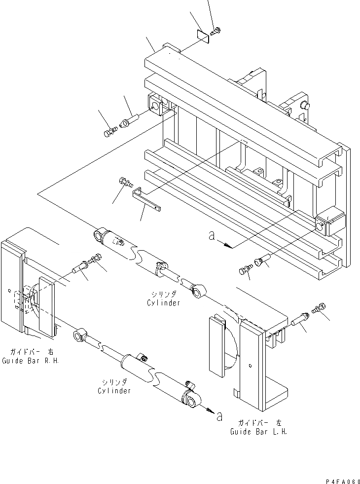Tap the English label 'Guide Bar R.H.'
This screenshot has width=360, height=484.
pyautogui.click(x=30, y=361)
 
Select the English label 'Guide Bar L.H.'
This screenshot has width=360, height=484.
pyautogui.click(x=258, y=431)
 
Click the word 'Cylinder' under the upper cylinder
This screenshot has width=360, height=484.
pyautogui.click(x=163, y=303)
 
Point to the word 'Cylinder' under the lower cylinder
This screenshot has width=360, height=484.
pyautogui.click(x=114, y=391)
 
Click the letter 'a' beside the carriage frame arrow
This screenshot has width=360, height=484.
pyautogui.click(x=212, y=237)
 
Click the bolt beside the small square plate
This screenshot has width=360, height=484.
pyautogui.click(x=215, y=32)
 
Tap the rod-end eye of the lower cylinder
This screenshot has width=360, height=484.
pyautogui.click(x=79, y=337)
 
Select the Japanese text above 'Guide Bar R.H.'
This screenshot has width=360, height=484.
pyautogui.click(x=31, y=352)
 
